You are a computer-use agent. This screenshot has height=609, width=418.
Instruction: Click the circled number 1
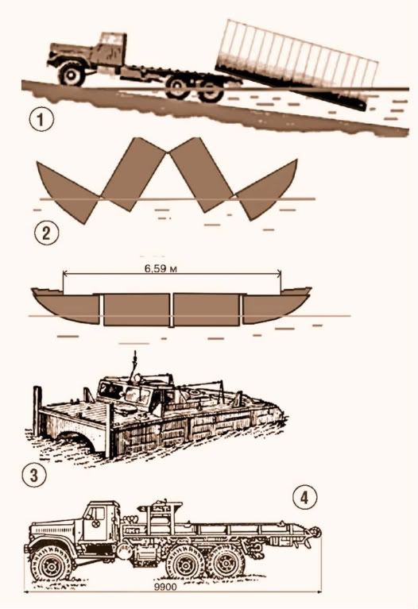point(41,119)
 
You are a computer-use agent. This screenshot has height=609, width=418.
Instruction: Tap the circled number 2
point(47,233)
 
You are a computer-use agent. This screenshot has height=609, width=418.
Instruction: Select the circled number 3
point(35,475)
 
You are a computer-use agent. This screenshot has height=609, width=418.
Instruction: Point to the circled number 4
point(305,498)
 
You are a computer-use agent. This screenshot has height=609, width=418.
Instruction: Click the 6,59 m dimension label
point(161,268)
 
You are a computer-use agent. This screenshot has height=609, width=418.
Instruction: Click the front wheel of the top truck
point(72,75)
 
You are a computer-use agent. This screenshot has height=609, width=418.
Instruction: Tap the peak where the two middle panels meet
point(168,152)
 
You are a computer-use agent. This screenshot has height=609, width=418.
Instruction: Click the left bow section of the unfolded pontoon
point(65,306)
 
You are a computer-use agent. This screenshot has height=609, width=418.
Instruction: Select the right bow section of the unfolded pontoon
point(277,306)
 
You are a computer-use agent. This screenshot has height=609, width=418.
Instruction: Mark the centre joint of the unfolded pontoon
point(172,310)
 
